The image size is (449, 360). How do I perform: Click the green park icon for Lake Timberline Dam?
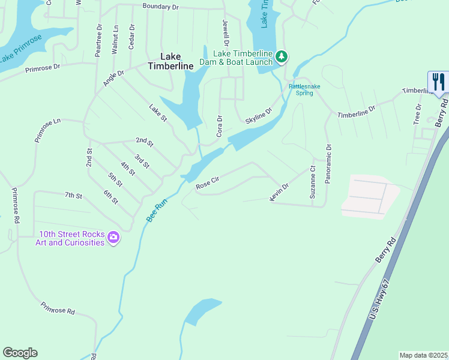tap(282, 57)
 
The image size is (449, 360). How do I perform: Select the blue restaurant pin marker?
tap(438, 82)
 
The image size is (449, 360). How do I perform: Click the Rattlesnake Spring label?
tap(304, 89)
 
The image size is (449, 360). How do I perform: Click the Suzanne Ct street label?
tap(312, 183)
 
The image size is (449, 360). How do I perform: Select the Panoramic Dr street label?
tap(328, 164)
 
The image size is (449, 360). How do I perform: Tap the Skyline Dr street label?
tap(259, 116)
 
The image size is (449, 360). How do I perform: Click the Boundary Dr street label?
tap(160, 7)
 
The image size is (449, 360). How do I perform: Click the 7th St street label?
tap(73, 195)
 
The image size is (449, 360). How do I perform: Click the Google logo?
tap(20, 353)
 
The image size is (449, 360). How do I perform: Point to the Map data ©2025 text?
tap(423, 355)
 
